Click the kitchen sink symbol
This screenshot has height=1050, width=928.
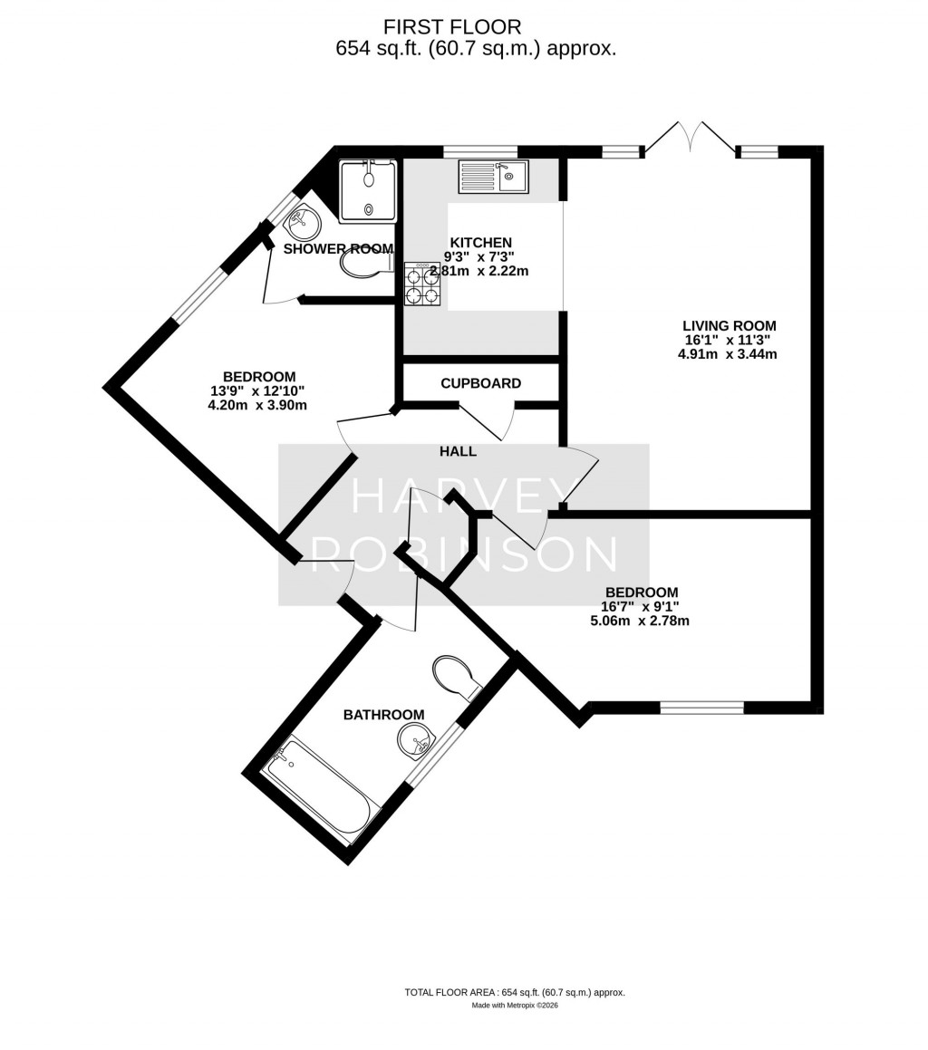[493, 177]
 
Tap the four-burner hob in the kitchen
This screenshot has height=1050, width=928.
[422, 284]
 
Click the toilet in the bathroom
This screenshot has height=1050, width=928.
[456, 676]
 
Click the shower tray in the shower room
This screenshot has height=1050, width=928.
[368, 191]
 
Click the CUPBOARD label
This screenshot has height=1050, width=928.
[480, 383]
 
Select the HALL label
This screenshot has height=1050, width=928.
[458, 451]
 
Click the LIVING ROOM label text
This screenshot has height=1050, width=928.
[729, 326]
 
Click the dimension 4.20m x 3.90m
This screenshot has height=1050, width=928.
[257, 406]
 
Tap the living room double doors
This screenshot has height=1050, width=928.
[691, 137]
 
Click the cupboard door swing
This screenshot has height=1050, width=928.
[489, 421]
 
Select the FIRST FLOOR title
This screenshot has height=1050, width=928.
[451, 27]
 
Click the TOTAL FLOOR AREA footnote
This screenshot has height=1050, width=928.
[514, 993]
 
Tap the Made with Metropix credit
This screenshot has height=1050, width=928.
[514, 1006]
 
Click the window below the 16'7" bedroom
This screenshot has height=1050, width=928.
[701, 708]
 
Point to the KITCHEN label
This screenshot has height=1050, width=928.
[481, 243]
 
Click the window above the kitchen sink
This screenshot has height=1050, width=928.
[479, 151]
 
